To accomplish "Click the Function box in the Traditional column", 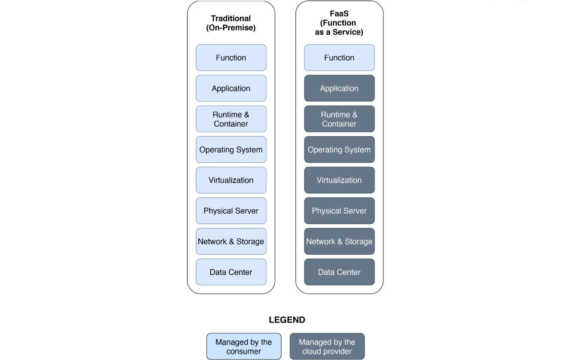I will click(231, 58).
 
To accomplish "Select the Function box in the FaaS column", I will click(339, 58).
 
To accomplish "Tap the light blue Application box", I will click(231, 88).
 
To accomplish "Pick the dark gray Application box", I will click(339, 88).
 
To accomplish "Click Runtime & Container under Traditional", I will click(231, 119).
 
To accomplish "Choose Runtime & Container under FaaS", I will click(339, 119).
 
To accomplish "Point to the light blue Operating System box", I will click(231, 149).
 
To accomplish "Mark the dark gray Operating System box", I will click(339, 149).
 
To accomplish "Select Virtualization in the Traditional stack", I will click(231, 180).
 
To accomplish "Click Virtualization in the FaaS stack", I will click(339, 180).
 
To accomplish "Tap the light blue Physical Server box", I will click(231, 211).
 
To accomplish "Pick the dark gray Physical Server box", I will click(339, 211).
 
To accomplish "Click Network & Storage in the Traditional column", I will click(231, 241).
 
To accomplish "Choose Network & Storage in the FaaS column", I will click(339, 241).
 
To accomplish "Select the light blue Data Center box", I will click(231, 272).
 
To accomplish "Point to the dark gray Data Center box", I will click(339, 272).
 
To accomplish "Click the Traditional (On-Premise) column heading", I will click(231, 23).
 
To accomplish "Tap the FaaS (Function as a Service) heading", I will click(339, 23).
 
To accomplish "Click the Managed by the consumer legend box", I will click(244, 346).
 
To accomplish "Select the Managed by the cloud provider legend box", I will click(327, 346).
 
